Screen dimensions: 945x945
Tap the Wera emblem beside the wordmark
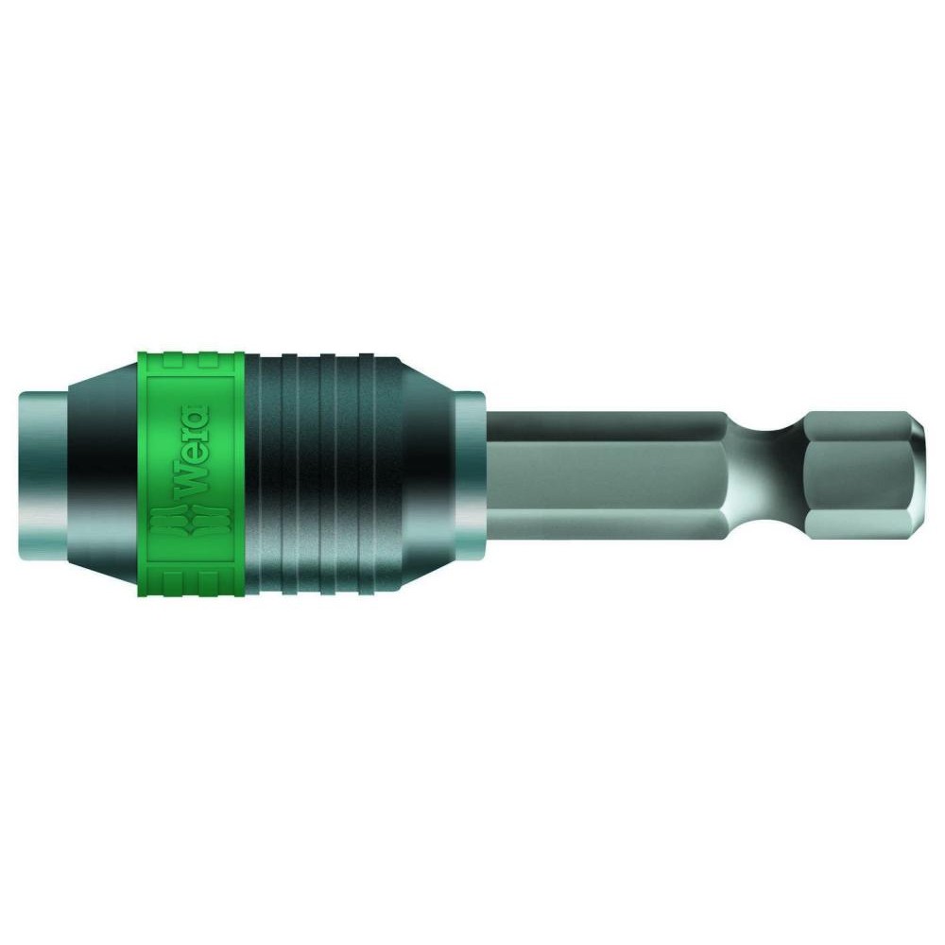(x=193, y=524)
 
